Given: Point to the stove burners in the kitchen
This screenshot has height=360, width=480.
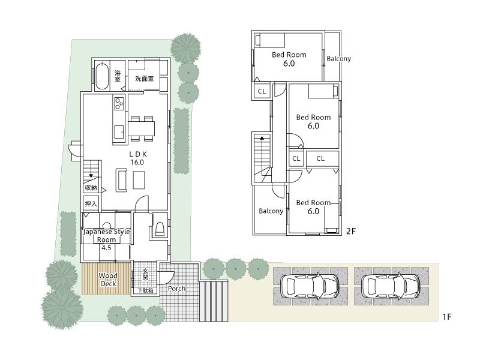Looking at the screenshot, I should pyautogui.click(x=118, y=104).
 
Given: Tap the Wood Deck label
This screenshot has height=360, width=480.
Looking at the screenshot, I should pyautogui.click(x=109, y=280).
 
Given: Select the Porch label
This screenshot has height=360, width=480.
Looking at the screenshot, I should pyautogui.click(x=176, y=289).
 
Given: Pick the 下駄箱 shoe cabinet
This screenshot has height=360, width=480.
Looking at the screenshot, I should pyautogui.click(x=145, y=290).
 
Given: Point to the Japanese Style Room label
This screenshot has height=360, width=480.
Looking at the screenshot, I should pyautogui.click(x=106, y=236).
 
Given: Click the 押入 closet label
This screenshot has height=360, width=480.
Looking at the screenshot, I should pyautogui.click(x=91, y=204).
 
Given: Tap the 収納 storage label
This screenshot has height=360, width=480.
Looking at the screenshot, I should pyautogui.click(x=91, y=188).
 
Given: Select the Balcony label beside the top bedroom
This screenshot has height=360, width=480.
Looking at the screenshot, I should pyautogui.click(x=339, y=59).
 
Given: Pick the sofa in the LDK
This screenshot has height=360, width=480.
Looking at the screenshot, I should pyautogui.click(x=122, y=179).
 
